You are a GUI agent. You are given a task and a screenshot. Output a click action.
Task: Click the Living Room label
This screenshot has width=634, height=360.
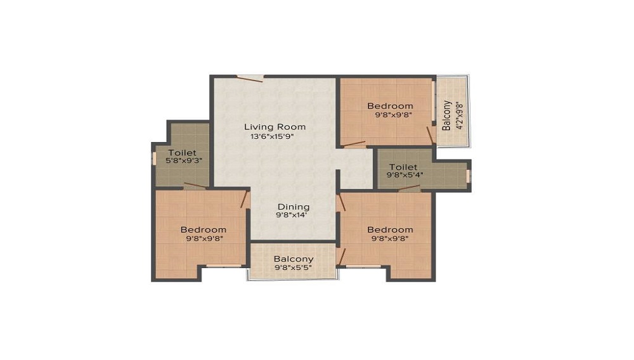tap(275, 127)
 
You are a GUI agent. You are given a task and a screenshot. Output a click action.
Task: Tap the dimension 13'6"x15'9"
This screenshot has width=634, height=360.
tap(272, 136)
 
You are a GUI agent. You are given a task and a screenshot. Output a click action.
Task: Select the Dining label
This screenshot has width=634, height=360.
tap(294, 207)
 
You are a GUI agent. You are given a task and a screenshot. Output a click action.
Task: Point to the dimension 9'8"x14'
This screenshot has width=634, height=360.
tap(292, 215)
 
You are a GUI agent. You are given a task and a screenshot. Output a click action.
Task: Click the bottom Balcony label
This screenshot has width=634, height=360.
tap(294, 259)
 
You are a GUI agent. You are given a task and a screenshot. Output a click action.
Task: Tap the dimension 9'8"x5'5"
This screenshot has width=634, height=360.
tap(293, 267)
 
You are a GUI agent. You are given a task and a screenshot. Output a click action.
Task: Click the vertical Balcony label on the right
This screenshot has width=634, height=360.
tap(446, 115)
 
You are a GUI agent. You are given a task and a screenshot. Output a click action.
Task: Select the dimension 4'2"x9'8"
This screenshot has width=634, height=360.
tap(459, 115)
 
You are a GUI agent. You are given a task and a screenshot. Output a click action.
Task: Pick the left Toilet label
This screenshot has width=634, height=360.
tap(183, 153)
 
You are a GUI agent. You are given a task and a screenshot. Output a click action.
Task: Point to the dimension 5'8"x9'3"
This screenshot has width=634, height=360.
tap(184, 160)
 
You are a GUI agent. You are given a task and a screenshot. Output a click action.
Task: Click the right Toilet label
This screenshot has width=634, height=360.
tap(403, 167)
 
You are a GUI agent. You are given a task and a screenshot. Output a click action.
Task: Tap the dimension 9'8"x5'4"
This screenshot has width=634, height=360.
tap(405, 175)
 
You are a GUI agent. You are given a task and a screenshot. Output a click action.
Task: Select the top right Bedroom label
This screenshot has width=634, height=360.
tap(390, 106)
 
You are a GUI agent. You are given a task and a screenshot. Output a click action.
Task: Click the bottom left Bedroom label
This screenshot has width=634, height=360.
tap(204, 229)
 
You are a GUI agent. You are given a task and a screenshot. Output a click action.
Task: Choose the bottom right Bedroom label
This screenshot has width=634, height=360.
tap(390, 229)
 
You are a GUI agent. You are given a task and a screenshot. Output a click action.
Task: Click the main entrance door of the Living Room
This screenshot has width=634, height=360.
tap(250, 79)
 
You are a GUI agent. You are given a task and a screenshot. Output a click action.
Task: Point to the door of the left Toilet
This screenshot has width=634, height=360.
tap(195, 186)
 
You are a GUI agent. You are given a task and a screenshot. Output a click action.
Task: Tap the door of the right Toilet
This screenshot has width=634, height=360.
tap(409, 188)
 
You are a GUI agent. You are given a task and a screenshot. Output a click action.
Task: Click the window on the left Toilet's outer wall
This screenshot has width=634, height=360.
tap(153, 158)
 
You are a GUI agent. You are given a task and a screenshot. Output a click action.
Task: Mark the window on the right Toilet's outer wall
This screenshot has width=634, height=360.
tap(469, 176)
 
